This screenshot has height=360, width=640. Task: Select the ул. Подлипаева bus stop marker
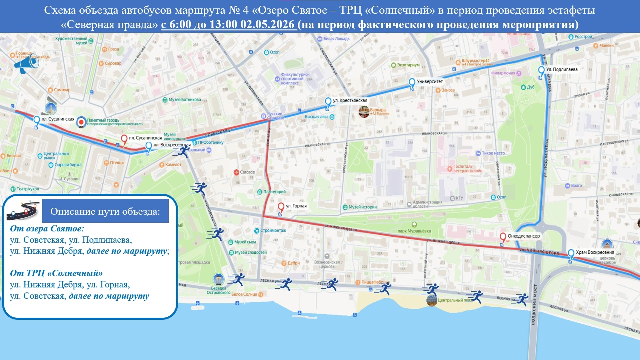point(541,72)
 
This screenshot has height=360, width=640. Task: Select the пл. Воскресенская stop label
point(172,145)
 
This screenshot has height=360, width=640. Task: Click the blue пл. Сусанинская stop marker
point(36,121)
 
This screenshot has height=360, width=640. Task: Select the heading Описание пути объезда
point(105,212)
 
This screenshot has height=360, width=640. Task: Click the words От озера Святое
point(47,228)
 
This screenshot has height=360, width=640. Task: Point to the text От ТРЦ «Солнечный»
point(57,273)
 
